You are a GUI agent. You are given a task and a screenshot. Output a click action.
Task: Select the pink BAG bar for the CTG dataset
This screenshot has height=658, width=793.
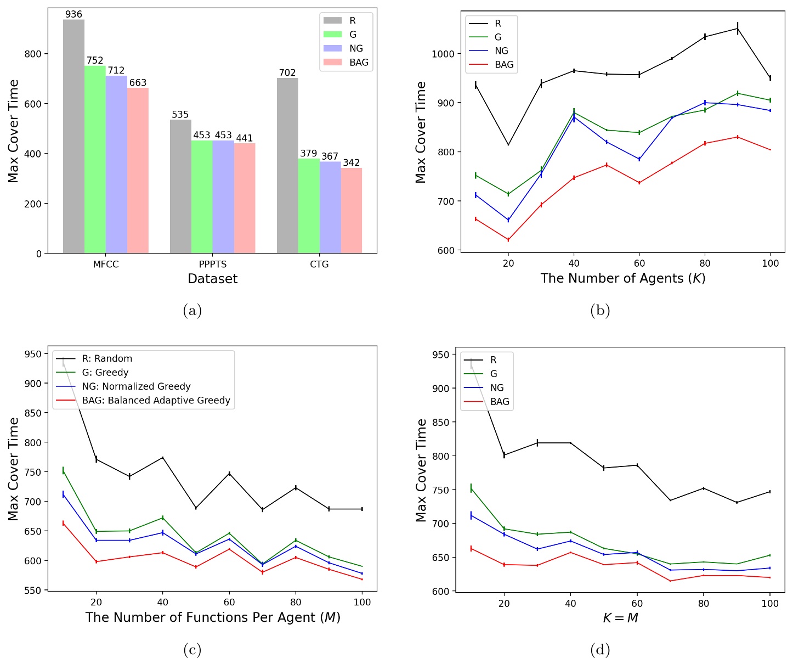351,211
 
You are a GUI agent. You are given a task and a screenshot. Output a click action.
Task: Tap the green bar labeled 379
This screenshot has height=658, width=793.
308,206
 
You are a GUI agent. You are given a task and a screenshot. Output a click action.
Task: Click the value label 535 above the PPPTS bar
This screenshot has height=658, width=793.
180,115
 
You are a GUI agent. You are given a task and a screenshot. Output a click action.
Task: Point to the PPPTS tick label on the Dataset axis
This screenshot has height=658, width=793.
213,265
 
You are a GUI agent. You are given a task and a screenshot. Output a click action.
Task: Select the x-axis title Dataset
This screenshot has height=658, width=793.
213,279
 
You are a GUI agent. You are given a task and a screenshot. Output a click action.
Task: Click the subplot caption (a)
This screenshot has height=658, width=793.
192,311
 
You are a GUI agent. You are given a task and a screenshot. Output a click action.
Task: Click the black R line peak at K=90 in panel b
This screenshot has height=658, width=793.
738,28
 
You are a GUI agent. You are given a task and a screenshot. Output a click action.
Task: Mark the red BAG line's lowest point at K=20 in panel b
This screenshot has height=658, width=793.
508,240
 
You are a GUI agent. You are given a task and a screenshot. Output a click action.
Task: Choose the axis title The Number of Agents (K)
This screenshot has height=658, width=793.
622,278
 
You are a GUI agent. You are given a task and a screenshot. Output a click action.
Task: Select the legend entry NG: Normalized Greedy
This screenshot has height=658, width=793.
136,386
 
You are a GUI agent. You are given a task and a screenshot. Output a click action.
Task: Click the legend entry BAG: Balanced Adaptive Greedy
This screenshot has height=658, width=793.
156,400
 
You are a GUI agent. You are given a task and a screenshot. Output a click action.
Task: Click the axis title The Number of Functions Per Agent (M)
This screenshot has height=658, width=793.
213,617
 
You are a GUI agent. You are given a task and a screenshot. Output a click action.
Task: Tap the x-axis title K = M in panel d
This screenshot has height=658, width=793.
620,618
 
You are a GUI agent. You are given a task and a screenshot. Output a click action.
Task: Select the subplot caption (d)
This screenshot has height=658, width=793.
600,650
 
